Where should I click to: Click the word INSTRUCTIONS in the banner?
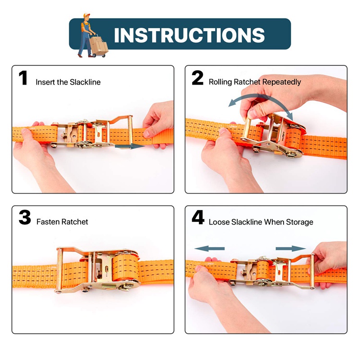(189, 35)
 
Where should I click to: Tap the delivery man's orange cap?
(86, 15)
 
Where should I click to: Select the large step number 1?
(23, 78)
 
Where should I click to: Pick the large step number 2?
(198, 78)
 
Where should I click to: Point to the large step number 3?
(25, 217)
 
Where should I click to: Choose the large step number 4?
(198, 217)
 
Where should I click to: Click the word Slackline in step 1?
(85, 82)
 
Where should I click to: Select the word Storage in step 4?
(300, 222)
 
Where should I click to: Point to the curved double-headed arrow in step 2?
(261, 96)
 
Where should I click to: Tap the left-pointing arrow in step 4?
(209, 249)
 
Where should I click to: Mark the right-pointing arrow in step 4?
(291, 249)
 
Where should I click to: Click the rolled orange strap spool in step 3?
(126, 268)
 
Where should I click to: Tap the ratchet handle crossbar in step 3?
(59, 270)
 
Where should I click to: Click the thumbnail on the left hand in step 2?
(222, 131)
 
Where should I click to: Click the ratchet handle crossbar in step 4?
(312, 271)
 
